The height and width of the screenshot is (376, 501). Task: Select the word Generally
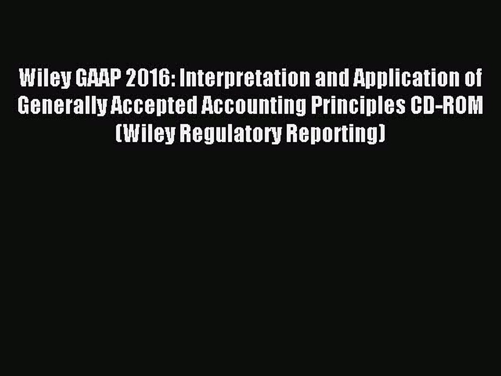pos(61,107)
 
